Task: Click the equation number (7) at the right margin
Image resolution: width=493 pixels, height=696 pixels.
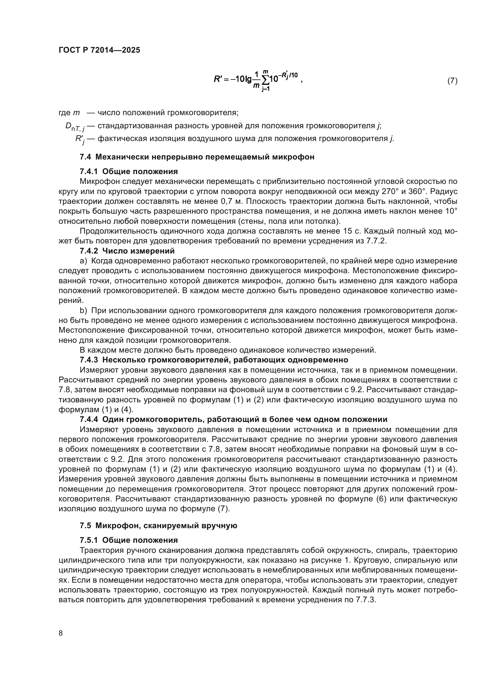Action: [452, 81]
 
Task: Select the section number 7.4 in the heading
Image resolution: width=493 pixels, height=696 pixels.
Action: [85, 157]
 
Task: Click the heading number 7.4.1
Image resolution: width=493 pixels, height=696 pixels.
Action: [89, 172]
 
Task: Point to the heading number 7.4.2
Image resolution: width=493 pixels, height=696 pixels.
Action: [89, 251]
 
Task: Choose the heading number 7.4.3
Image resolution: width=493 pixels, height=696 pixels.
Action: [89, 360]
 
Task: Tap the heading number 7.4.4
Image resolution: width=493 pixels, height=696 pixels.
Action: [89, 420]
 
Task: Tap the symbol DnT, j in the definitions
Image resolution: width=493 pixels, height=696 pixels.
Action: [75, 127]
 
